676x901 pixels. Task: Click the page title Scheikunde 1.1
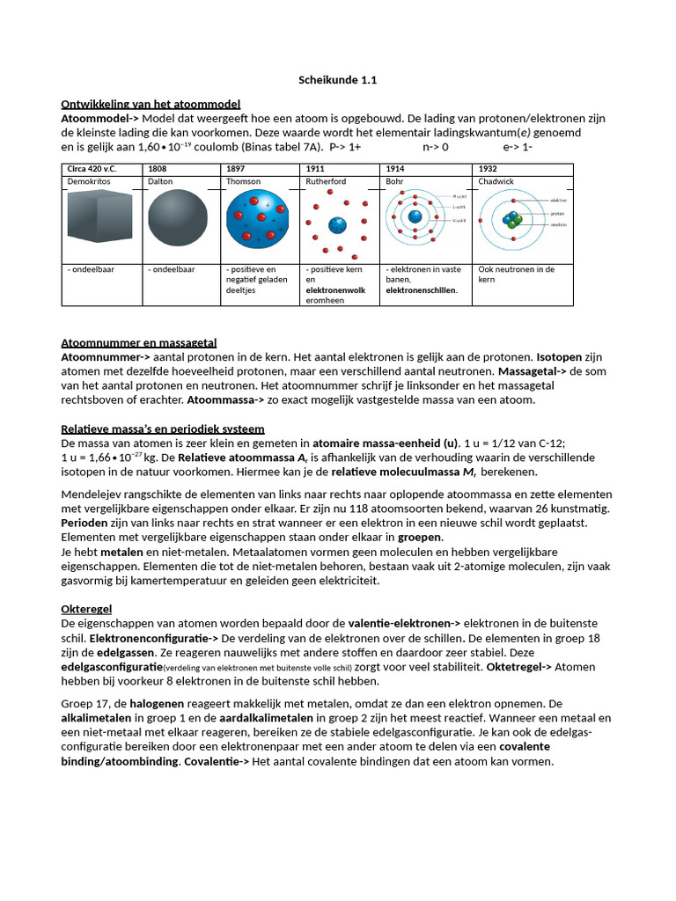tap(338, 80)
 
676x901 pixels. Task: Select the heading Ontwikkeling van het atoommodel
tap(151, 104)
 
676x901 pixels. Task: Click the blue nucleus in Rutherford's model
tap(336, 226)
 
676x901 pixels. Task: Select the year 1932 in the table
tap(488, 168)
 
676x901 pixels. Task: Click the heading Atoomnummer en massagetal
tap(138, 342)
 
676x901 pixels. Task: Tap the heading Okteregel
tap(86, 609)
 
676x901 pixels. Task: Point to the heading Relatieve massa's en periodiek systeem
tap(163, 429)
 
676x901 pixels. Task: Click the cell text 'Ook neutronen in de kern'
tap(516, 274)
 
